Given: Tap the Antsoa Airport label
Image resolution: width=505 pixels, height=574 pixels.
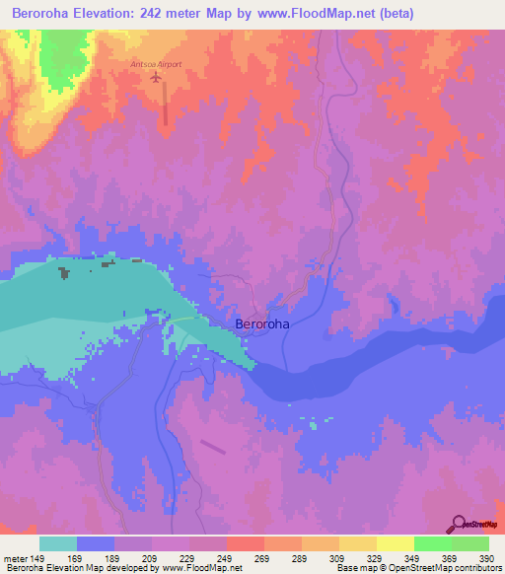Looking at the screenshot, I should coord(156,64).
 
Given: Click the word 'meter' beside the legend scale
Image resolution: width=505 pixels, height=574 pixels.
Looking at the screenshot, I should coord(15,558).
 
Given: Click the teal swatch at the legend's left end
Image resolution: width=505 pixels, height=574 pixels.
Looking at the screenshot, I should coord(57,543).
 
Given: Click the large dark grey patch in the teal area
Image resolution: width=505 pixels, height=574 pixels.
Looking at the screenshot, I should coord(65,272).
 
